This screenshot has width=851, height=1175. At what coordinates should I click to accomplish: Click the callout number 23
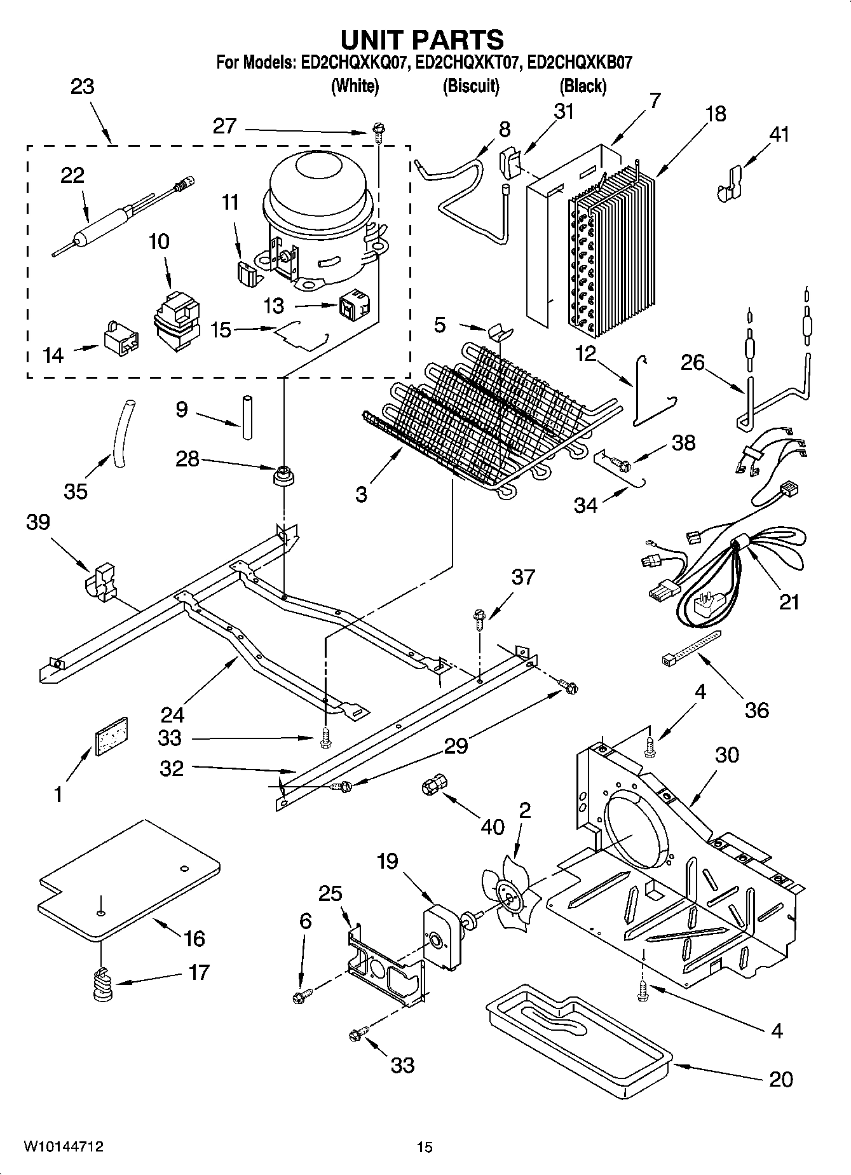(x=82, y=87)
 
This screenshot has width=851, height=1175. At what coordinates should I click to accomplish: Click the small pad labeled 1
(x=111, y=737)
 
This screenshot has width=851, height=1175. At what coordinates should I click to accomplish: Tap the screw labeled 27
(x=378, y=132)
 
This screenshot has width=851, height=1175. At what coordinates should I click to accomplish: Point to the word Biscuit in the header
(x=470, y=86)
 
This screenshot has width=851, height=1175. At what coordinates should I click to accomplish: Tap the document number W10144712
(x=64, y=1146)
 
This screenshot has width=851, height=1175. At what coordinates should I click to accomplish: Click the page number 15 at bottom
(x=425, y=1147)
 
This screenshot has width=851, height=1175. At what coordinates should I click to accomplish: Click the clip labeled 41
(x=731, y=185)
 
